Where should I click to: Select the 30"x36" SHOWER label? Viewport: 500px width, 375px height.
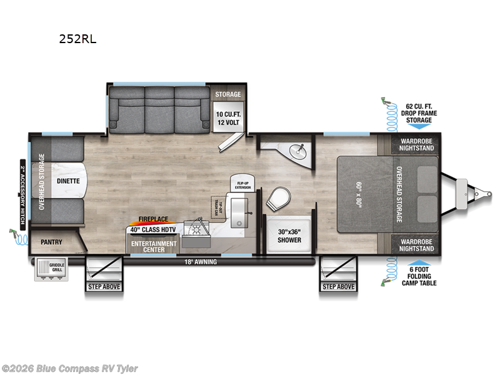(289, 236)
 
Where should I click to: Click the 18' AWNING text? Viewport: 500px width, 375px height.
(201, 262)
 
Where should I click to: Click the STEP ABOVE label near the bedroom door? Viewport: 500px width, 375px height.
(338, 287)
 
